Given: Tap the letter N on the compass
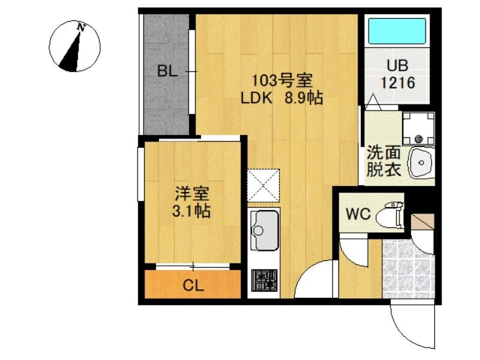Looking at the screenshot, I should [x=80, y=27].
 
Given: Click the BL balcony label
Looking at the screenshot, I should [x=167, y=71].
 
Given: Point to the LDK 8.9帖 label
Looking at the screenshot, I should [x=281, y=98].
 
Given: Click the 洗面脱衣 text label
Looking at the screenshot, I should [x=383, y=161].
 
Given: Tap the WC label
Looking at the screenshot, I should [x=358, y=214].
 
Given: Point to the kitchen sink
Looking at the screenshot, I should [x=263, y=230].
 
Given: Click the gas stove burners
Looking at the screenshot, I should [x=264, y=279].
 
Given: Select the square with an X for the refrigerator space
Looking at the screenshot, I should [x=263, y=185].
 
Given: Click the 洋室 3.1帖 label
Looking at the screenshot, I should [x=192, y=203].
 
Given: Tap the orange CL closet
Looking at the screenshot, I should [x=193, y=285].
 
